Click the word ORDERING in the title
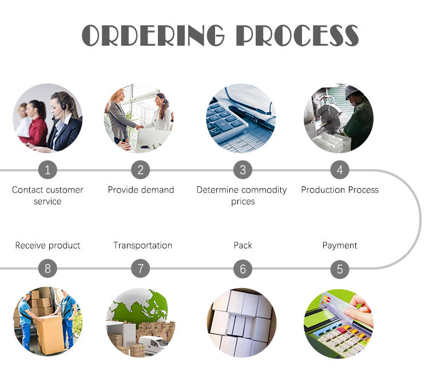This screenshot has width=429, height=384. [153, 35]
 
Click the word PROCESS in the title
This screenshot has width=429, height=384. [297, 35]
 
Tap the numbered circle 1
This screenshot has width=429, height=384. [47, 170]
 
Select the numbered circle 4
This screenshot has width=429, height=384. [340, 170]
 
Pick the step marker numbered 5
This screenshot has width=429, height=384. [340, 269]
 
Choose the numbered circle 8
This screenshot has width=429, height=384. [47, 269]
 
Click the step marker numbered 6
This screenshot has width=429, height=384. [243, 269]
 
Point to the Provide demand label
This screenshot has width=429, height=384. [141, 190]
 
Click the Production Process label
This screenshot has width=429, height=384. [340, 190]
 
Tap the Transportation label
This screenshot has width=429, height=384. [142, 245]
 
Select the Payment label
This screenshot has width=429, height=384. [340, 246]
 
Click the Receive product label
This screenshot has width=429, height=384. [47, 246]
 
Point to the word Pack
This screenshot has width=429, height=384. [243, 245]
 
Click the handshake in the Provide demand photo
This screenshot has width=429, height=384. [139, 127]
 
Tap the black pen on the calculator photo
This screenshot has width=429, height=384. [252, 118]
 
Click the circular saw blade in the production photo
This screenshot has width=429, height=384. [328, 115]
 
